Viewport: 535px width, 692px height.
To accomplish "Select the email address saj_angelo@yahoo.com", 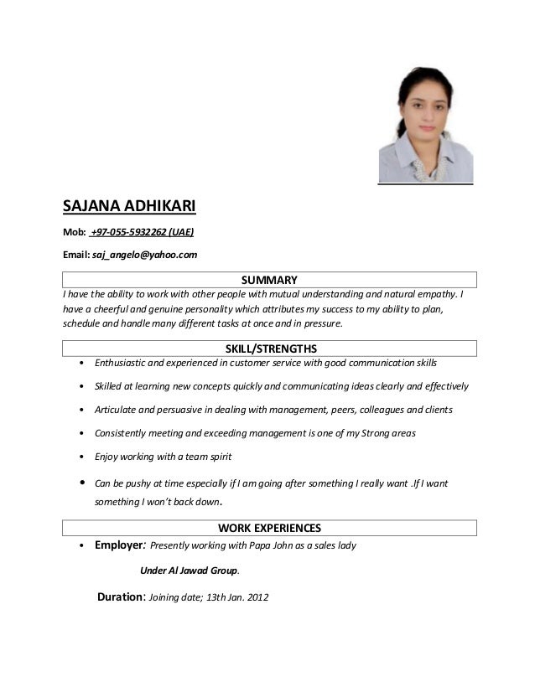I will [144, 255].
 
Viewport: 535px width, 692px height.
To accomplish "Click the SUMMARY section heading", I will [270, 280].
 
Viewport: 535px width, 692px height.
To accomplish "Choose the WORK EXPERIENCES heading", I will [270, 528].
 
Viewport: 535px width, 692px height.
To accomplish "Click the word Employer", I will [120, 545].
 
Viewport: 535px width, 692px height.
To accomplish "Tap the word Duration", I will [122, 598].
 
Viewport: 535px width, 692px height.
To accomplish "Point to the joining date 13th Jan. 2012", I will [236, 599].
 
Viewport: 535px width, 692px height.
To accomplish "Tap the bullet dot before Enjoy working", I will [80, 457].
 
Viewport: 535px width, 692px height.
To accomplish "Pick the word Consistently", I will [122, 434].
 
